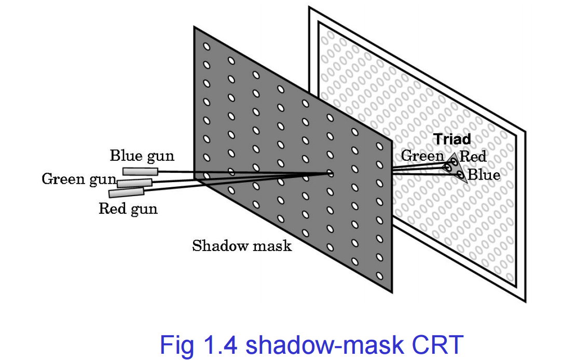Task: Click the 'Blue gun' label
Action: [x=142, y=156]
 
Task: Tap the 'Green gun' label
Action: [x=79, y=179]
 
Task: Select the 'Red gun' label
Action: [x=128, y=209]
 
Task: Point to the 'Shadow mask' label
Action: [x=241, y=245]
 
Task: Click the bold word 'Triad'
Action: [x=452, y=140]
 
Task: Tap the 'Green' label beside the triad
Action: [x=422, y=156]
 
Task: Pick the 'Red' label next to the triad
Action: [x=473, y=156]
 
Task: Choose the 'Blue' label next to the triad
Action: [x=484, y=175]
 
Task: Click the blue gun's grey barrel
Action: [x=140, y=171]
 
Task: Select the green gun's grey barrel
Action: [x=135, y=183]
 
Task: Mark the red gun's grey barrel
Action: [x=126, y=192]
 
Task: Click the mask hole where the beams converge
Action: [x=330, y=174]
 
